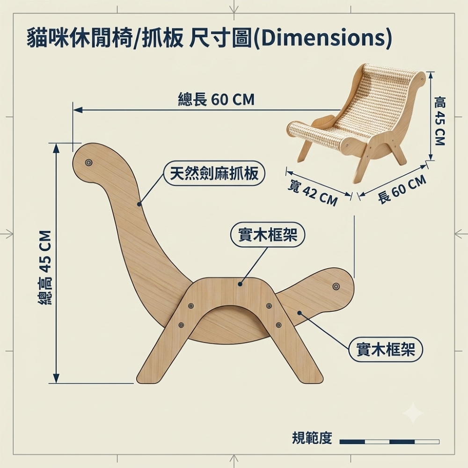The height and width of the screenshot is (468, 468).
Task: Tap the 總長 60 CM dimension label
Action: pos(216,99)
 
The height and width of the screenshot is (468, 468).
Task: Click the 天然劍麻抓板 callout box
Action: pos(214,174)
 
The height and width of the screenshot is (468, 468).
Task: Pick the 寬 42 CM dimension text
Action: pos(312,193)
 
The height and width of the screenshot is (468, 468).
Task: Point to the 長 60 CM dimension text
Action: pos(402,189)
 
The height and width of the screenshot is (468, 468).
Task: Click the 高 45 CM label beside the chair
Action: pos(439,120)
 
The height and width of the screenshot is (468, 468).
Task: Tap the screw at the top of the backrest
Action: pos(88,163)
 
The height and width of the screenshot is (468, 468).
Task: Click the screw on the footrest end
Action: pos(336,286)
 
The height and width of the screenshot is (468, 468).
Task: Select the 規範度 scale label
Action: pos(312,438)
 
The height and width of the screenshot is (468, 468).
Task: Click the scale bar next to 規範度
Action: pos(389,442)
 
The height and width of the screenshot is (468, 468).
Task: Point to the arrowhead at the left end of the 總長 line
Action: pos(78,110)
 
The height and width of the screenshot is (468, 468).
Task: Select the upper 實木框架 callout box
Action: pos(268,235)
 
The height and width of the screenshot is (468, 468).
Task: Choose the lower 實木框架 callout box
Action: pos(386,350)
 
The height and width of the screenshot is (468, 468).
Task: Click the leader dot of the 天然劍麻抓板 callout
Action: pos(139,204)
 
